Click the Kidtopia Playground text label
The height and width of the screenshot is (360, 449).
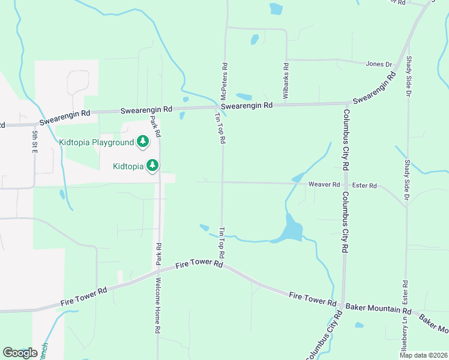click(x=95, y=142)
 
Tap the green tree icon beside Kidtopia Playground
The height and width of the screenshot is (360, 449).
click(x=142, y=142)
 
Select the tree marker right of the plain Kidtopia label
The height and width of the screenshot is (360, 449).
click(x=153, y=164)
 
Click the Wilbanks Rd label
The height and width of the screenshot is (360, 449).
click(x=286, y=73)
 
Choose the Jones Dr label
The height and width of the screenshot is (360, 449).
click(x=378, y=64)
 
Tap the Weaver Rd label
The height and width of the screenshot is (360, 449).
click(x=324, y=185)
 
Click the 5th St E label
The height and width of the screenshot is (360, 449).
click(x=35, y=142)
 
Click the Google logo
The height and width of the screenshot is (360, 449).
click(x=20, y=353)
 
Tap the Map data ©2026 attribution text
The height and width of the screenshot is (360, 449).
click(x=423, y=355)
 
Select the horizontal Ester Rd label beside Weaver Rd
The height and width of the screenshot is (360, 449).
click(x=364, y=185)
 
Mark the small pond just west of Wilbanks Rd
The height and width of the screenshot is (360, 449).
click(x=255, y=40)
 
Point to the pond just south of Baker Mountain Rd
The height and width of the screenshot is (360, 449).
click(x=359, y=325)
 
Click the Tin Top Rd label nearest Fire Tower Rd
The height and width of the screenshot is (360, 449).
click(x=222, y=239)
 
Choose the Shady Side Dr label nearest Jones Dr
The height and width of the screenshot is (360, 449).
click(x=408, y=76)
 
